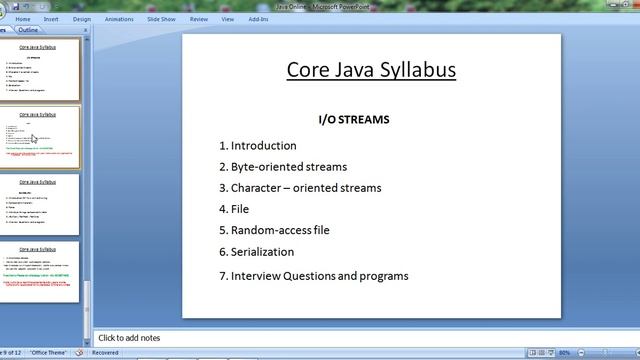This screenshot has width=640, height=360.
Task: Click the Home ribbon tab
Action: [23, 18]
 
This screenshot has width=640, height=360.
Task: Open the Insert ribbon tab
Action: [51, 18]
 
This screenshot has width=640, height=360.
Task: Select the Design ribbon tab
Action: [82, 18]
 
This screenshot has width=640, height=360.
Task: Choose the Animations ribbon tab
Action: [119, 18]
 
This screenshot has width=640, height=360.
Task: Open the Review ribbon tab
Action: [199, 18]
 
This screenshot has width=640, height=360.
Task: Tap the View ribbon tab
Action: [228, 18]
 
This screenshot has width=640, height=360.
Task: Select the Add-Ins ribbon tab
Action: [258, 18]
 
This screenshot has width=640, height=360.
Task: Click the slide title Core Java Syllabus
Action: [371, 70]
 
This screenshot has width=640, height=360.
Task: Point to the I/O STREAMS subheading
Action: [353, 120]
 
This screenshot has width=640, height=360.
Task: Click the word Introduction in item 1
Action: [263, 146]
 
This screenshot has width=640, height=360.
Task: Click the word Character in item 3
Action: [258, 188]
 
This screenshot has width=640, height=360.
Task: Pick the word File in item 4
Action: [240, 209]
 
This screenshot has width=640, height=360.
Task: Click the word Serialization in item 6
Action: [262, 252]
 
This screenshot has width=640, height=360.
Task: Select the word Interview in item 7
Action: [256, 276]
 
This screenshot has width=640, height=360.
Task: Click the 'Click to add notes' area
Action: [129, 338]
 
